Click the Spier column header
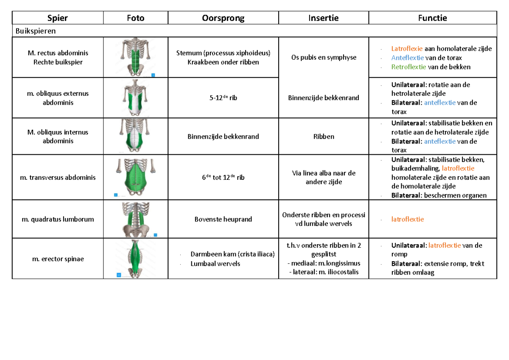point(58,18)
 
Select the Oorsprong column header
point(223,18)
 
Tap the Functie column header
point(432,18)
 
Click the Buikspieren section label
point(36,31)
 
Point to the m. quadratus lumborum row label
point(58,219)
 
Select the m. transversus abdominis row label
point(58,177)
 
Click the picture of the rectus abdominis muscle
point(135,57)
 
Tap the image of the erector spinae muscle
point(135,259)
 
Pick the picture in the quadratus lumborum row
point(135,219)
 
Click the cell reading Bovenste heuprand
point(223,219)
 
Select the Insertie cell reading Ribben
point(324,137)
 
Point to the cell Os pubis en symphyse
point(324,57)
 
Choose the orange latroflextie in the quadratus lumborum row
point(408,219)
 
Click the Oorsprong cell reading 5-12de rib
point(223,98)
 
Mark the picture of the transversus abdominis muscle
point(135,177)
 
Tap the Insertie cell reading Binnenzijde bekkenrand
point(324,98)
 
